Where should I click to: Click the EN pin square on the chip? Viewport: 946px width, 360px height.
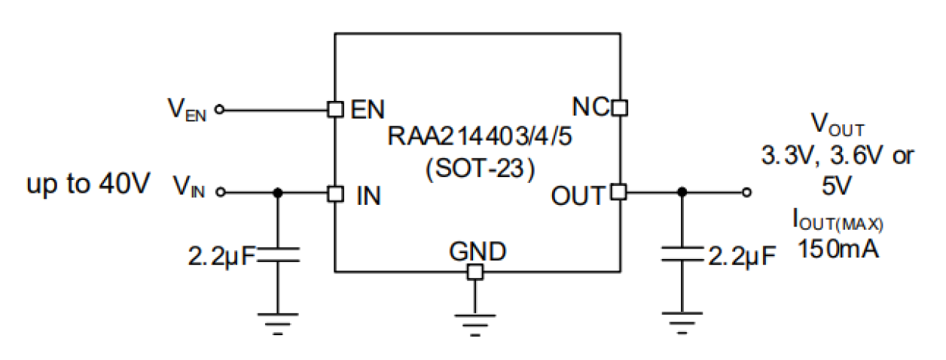pyautogui.click(x=335, y=109)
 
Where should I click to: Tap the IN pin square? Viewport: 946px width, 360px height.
pyautogui.click(x=335, y=194)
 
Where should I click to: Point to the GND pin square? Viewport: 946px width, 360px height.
pyautogui.click(x=475, y=272)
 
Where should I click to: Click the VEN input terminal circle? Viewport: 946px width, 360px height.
pyautogui.click(x=220, y=110)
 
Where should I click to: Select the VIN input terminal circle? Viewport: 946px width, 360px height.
pyautogui.click(x=220, y=194)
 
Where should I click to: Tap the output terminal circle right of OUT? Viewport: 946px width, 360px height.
pyautogui.click(x=746, y=194)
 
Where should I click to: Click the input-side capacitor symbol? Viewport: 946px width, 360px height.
pyautogui.click(x=278, y=257)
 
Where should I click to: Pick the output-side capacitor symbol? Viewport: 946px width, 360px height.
pyautogui.click(x=682, y=257)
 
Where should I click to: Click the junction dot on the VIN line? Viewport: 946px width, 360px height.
pyautogui.click(x=278, y=194)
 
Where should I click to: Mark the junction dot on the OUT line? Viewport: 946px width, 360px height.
pyautogui.click(x=682, y=194)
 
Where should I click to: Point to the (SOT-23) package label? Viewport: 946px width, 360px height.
pyautogui.click(x=476, y=169)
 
